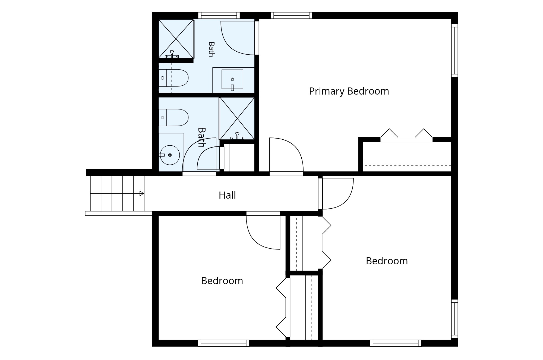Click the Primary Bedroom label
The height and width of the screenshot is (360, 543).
pyautogui.click(x=349, y=91)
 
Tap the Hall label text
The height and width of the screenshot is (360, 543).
pyautogui.click(x=227, y=195)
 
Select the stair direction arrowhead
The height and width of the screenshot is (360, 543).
pyautogui.click(x=141, y=193)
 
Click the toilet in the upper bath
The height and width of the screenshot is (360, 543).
pyautogui.click(x=173, y=78)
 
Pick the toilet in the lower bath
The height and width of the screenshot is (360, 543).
pyautogui.click(x=173, y=118)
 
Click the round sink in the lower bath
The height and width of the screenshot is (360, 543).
pyautogui.click(x=170, y=155)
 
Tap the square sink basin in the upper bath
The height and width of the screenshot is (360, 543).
pyautogui.click(x=232, y=79)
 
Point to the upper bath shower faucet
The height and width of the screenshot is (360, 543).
pyautogui.click(x=172, y=54)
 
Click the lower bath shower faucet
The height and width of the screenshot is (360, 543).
pyautogui.click(x=237, y=136)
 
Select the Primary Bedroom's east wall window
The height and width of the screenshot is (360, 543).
pyautogui.click(x=454, y=51)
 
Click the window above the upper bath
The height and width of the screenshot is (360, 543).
pyautogui.click(x=219, y=15)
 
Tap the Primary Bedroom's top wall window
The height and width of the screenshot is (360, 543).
pyautogui.click(x=291, y=15)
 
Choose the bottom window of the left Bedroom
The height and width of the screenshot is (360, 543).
pyautogui.click(x=223, y=343)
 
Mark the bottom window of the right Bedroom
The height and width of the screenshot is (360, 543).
pyautogui.click(x=396, y=343)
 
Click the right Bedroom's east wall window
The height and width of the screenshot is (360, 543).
pyautogui.click(x=454, y=319)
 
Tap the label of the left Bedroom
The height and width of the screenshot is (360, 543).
pyautogui.click(x=222, y=281)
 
